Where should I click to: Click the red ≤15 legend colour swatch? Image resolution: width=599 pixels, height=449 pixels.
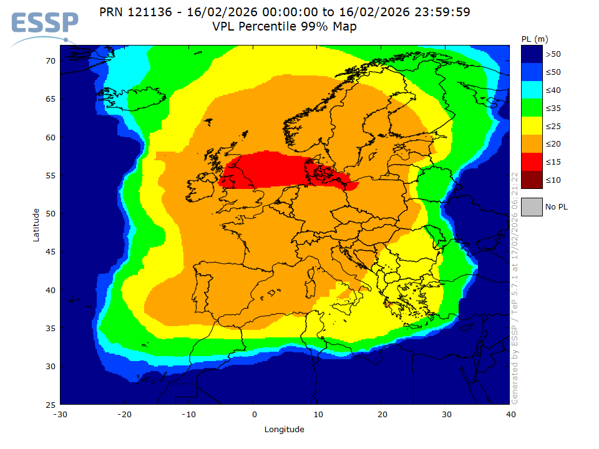point(532,162)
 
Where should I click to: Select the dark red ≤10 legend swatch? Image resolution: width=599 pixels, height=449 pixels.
point(532,180)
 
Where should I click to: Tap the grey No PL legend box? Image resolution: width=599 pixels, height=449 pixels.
point(532,206)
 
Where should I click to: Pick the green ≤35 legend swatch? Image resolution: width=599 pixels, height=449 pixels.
point(532,109)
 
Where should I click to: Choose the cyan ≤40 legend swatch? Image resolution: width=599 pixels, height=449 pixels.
point(532,90)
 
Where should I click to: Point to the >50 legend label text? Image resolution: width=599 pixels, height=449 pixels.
point(553,54)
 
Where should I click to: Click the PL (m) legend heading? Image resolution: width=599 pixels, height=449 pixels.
point(534,39)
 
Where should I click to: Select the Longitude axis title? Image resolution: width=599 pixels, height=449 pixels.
point(284,429)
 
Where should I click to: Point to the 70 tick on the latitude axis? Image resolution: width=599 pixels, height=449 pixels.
point(50,60)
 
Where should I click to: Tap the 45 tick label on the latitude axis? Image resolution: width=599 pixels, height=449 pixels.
point(50,252)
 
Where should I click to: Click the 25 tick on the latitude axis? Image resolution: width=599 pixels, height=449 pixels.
point(50,405)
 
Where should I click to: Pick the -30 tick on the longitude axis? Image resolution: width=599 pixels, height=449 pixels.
point(60,415)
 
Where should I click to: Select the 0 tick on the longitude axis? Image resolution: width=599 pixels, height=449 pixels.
point(254,415)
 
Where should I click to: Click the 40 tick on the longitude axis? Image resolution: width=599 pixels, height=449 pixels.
point(510,415)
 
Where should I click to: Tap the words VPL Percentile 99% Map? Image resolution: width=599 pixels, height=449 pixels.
point(284,26)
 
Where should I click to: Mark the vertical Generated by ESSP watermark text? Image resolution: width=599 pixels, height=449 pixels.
point(515,287)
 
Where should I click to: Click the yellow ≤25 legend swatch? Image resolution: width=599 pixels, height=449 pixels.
point(532,127)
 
